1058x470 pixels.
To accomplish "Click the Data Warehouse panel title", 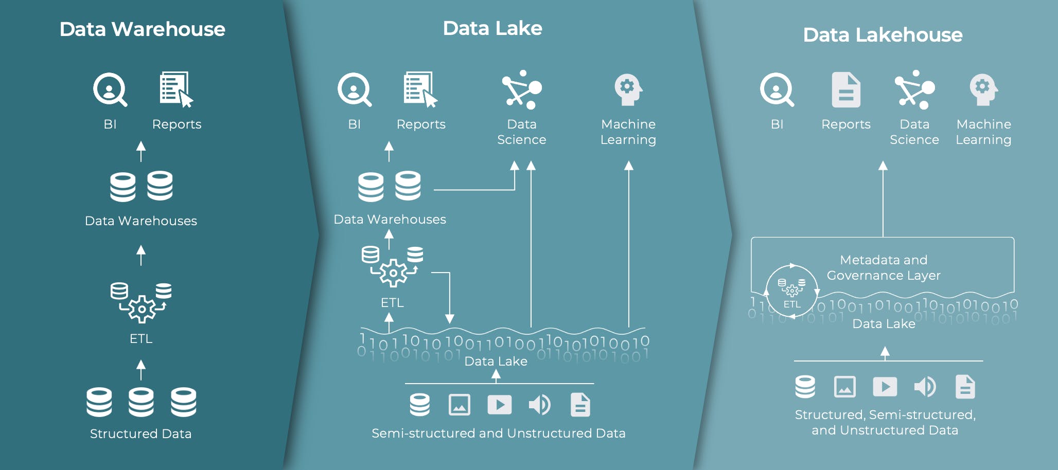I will tap(142, 29).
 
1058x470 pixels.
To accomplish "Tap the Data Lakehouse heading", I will tap(883, 35).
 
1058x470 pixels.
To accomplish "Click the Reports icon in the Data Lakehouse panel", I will tap(846, 90).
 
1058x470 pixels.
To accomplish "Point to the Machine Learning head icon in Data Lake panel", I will tap(628, 89).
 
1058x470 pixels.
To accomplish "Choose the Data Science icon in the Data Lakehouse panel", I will tap(914, 89).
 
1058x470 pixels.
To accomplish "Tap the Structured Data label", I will tap(140, 433).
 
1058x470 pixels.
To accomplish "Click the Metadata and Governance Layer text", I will tap(884, 267).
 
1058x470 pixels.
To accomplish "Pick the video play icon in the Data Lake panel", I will tap(499, 405).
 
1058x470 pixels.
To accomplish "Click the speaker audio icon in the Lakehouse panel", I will tap(925, 387).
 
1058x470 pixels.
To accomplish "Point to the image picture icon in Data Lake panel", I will tap(459, 405).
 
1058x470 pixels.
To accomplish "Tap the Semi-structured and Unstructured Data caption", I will tap(498, 433).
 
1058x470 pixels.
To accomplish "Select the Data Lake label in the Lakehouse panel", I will tap(884, 323).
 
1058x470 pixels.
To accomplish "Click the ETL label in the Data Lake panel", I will tap(392, 303).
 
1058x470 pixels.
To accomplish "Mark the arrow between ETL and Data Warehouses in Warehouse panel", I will tap(141, 255).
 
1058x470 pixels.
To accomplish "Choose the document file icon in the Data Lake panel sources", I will tap(580, 405).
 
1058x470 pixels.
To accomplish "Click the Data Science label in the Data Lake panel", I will tap(521, 132).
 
